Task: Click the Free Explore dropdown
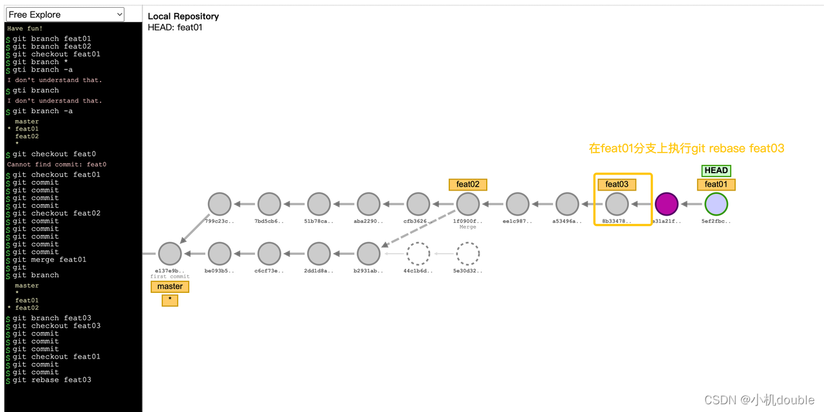(x=65, y=14)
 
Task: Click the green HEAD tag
(x=716, y=171)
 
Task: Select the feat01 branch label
(x=716, y=184)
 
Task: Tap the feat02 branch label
(x=468, y=184)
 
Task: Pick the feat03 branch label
(x=617, y=184)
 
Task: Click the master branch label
(x=170, y=286)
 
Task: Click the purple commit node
(x=666, y=204)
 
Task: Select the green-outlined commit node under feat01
(x=716, y=204)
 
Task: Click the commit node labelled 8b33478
(x=617, y=204)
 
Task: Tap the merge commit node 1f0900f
(x=468, y=204)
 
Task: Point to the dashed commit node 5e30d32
(x=468, y=254)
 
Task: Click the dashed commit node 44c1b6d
(x=418, y=254)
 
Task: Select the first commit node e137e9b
(x=170, y=254)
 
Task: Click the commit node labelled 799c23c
(x=220, y=204)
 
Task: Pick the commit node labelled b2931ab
(x=369, y=254)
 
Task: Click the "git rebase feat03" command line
(x=52, y=380)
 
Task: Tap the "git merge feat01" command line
(x=50, y=259)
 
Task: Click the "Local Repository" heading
(x=183, y=16)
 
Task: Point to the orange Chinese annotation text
(x=686, y=149)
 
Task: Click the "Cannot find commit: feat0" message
(x=57, y=164)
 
